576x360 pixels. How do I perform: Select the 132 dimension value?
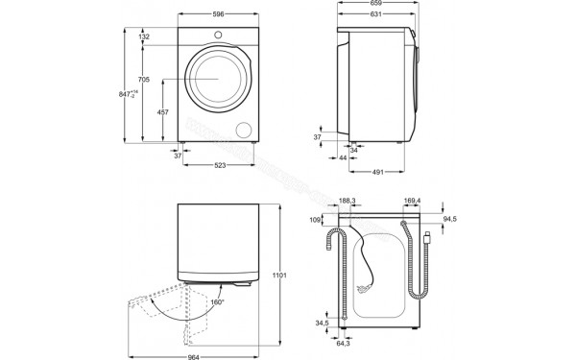point(144,36)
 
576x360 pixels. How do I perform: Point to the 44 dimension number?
point(343,157)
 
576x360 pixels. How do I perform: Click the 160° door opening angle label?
point(218,301)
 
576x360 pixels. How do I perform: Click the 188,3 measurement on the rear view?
point(348,201)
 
